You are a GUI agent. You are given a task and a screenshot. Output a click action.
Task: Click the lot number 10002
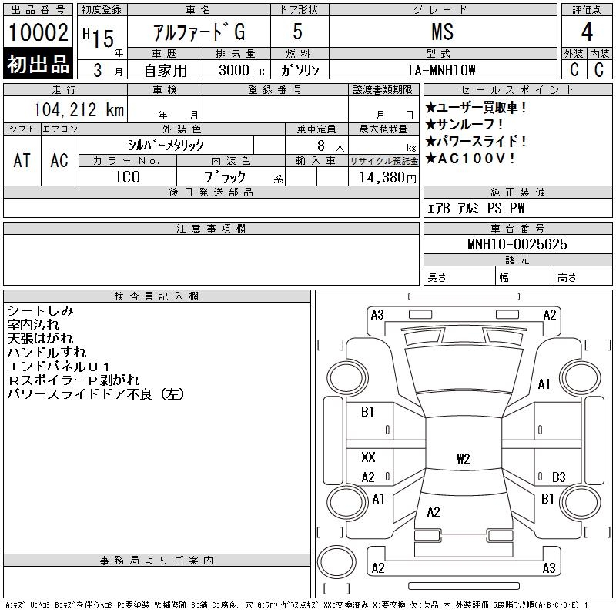(38, 32)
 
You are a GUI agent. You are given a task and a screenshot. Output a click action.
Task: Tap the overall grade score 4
(587, 32)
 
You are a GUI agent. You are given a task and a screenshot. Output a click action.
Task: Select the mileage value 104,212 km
(79, 109)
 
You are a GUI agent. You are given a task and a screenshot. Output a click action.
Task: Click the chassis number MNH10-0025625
(517, 244)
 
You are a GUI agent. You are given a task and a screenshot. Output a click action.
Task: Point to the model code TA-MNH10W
(441, 70)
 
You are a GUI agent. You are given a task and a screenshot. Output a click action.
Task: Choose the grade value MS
(442, 32)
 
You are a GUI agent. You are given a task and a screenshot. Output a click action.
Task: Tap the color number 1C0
(128, 177)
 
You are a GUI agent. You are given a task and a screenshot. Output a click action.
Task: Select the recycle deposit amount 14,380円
(388, 178)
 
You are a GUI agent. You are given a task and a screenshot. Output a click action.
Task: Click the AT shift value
(22, 160)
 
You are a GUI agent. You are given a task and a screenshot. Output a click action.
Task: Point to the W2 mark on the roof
(464, 458)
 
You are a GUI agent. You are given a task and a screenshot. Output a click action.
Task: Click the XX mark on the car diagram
(369, 457)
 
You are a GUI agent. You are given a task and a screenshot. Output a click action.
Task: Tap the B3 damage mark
(558, 477)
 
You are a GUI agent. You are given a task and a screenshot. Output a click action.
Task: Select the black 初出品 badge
(38, 64)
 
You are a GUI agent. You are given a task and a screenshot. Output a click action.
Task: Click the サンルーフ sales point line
(464, 125)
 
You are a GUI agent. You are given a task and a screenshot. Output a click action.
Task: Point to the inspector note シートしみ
(41, 311)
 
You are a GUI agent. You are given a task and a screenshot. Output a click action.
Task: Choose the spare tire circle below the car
(336, 561)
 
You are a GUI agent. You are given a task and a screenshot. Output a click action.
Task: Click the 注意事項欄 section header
(211, 228)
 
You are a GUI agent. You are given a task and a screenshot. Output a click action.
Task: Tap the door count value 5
(298, 32)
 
